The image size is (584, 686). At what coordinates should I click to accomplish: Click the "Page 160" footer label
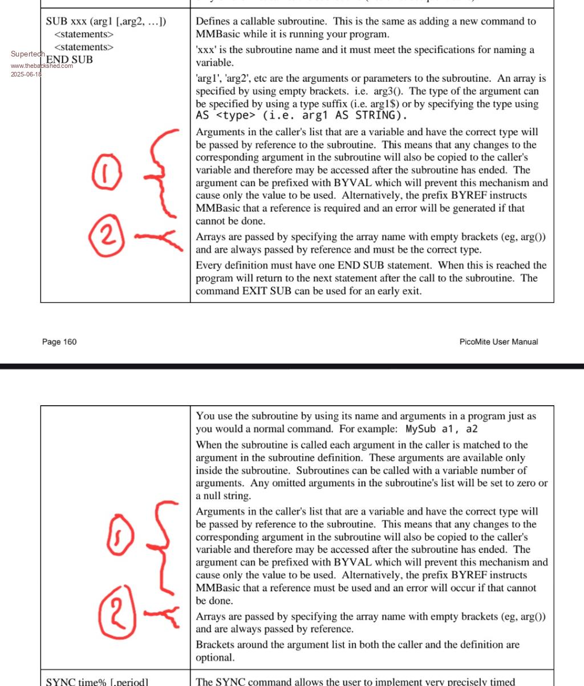point(59,342)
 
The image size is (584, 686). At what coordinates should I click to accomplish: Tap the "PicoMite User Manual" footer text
point(498,342)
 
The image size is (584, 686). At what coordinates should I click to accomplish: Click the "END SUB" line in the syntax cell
point(70,59)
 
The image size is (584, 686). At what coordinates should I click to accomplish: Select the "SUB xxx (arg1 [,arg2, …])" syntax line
point(106,22)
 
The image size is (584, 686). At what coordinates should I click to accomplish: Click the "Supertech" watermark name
point(27,54)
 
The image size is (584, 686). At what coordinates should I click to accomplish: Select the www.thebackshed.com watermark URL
point(42,66)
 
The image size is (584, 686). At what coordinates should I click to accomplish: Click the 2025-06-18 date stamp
point(26,74)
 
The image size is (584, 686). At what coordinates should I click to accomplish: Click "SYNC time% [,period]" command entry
point(97,681)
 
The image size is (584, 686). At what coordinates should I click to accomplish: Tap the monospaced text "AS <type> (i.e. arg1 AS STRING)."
point(301,116)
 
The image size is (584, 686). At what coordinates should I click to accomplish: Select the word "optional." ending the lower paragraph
point(215,657)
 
